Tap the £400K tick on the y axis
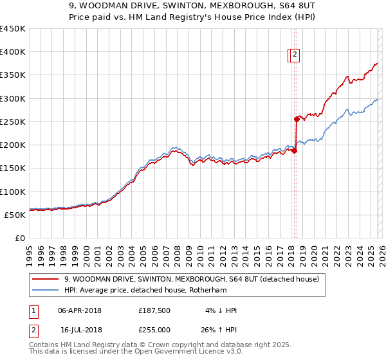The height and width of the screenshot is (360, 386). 13,52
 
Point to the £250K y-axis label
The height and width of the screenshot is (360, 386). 13,122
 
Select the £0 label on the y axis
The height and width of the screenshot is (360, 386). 19,238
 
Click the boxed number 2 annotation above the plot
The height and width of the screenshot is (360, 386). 295,55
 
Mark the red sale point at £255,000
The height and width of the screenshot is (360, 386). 297,119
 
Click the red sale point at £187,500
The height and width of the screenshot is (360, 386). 294,151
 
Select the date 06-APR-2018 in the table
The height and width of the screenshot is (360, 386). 80,310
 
